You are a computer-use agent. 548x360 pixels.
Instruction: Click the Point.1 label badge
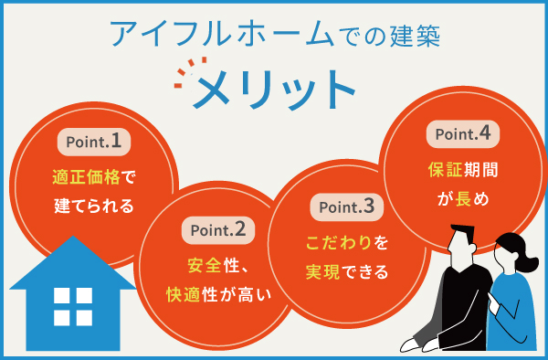(94, 142)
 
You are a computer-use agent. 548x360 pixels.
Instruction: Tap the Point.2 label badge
(218, 228)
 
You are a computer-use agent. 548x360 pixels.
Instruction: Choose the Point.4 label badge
(462, 133)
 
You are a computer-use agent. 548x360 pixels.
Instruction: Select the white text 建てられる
(94, 206)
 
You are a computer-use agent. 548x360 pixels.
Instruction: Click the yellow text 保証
(444, 169)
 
